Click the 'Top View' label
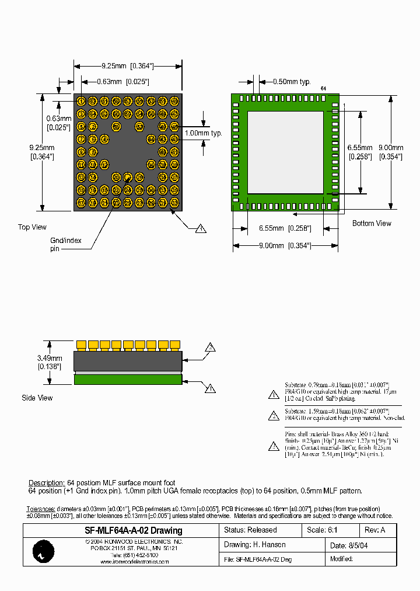[x=32, y=227]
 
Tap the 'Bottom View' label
[x=372, y=223]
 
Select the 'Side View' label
[x=37, y=398]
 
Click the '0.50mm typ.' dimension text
[x=292, y=82]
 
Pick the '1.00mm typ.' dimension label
[x=203, y=133]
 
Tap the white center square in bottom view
[x=285, y=152]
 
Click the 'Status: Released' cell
[x=250, y=530]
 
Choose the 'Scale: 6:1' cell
[x=321, y=530]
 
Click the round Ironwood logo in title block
[x=42, y=551]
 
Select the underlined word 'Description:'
[x=47, y=483]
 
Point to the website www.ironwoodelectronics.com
[x=135, y=562]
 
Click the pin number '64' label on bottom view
[x=324, y=88]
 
